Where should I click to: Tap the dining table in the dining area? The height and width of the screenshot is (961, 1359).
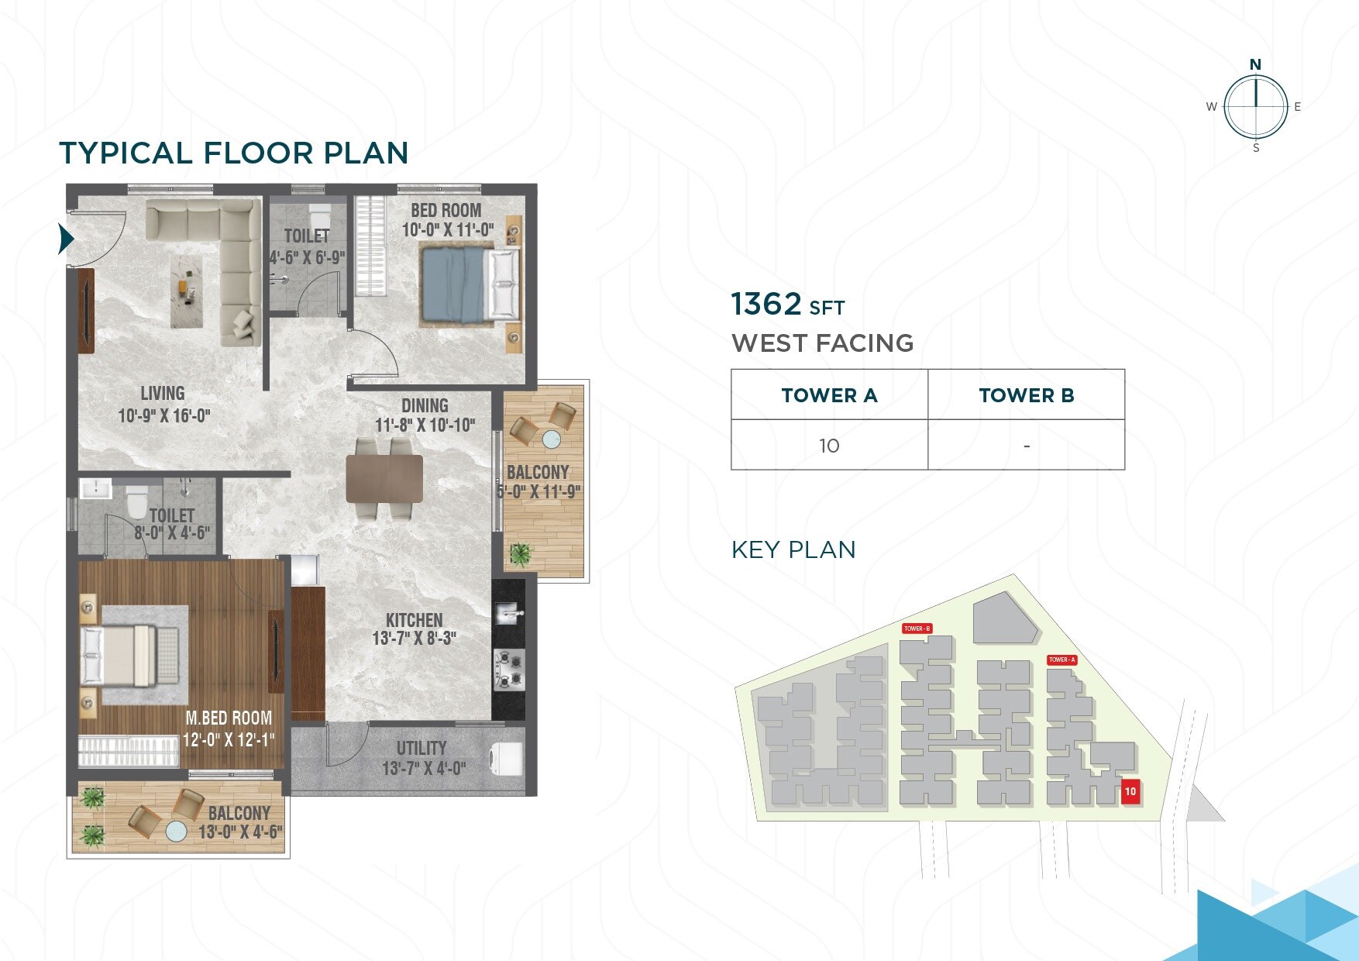384,479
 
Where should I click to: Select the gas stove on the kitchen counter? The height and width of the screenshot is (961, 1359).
509,670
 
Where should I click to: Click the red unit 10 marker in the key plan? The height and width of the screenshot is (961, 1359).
1130,791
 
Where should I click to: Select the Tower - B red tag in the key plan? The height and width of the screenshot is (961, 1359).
917,629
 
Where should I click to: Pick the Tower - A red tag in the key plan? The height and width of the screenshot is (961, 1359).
1061,660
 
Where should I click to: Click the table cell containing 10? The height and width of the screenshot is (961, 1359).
829,446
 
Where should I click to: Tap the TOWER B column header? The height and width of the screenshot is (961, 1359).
1026,395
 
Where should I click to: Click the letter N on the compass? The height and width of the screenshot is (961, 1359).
1255,64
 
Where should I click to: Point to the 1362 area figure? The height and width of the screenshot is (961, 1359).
766,304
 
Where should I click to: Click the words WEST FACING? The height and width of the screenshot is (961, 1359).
822,343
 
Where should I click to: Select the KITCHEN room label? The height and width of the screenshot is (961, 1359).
415,620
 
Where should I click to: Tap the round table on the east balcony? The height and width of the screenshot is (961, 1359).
552,439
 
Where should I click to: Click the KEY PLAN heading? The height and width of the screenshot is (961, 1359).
793,549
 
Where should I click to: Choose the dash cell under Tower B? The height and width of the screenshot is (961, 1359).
1026,446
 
